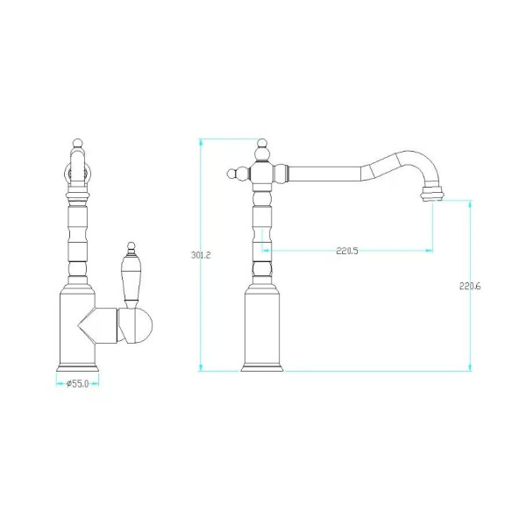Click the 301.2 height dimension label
tap(201, 255)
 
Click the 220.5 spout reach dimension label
tap(347, 251)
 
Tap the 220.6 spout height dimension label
tap(470, 286)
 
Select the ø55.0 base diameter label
tap(77, 383)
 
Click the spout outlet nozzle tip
tap(432, 195)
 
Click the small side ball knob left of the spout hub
tap(231, 174)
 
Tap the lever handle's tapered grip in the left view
tap(131, 278)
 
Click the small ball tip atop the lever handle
tap(131, 245)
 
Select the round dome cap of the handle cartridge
tap(144, 325)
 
